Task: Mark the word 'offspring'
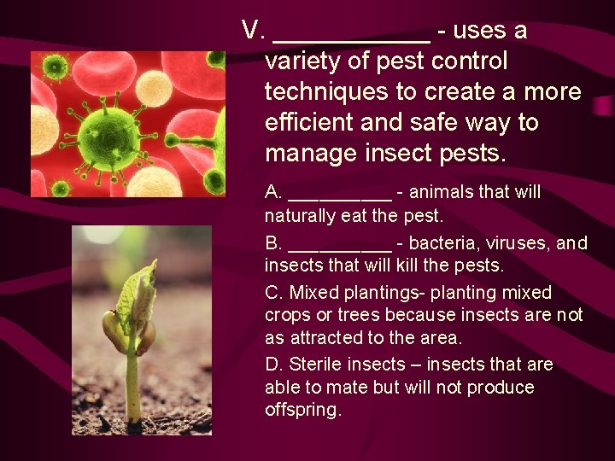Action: coord(302,410)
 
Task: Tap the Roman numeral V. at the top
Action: coord(255,31)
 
